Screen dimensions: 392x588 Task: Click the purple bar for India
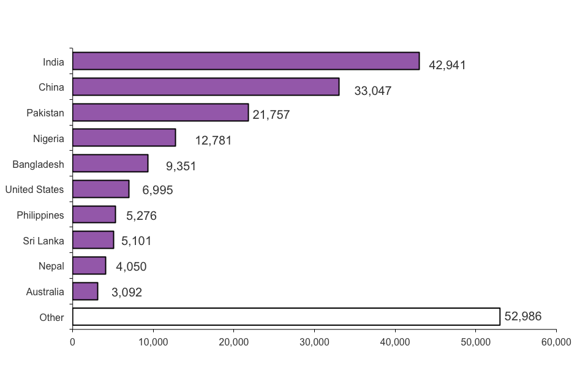click(246, 61)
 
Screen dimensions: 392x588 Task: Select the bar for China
click(206, 87)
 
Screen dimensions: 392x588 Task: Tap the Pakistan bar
click(160, 113)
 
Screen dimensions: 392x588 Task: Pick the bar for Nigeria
click(124, 138)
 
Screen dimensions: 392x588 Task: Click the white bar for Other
click(286, 317)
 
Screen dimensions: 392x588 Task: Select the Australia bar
click(85, 292)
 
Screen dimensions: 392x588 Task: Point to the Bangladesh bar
click(110, 164)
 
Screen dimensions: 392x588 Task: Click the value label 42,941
click(447, 65)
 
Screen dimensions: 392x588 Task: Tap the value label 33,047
click(372, 91)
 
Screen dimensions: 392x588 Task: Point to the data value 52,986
click(522, 317)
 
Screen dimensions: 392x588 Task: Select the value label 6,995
click(157, 190)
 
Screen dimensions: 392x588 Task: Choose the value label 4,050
click(131, 266)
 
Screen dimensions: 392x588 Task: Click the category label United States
click(34, 190)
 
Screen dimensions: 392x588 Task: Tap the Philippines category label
click(40, 216)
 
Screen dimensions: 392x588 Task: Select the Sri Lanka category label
click(43, 241)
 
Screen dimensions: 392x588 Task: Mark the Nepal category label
click(51, 266)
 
